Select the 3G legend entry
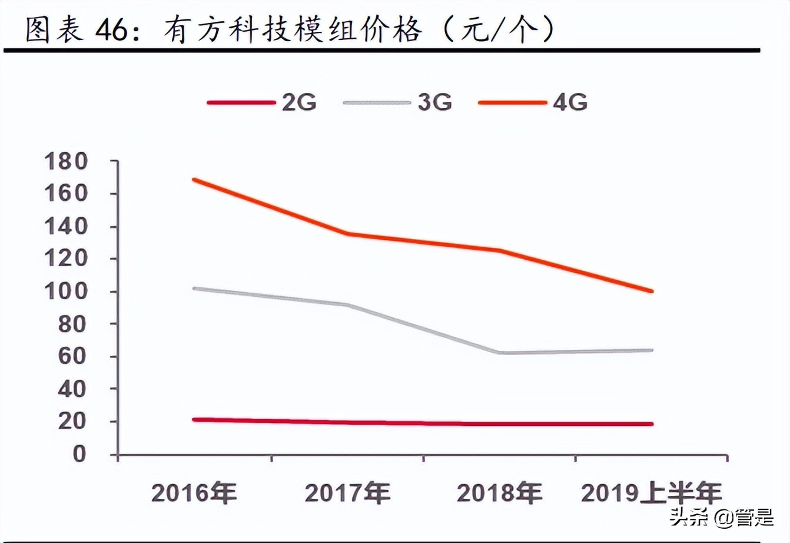398,102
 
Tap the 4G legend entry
533,102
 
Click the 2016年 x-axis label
194,492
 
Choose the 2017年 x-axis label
347,492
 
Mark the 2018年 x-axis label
499,492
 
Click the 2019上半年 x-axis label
651,492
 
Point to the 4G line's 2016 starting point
194,180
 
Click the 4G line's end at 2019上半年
651,291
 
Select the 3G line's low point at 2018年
500,353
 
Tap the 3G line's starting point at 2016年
194,289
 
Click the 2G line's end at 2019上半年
651,423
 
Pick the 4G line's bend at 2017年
347,234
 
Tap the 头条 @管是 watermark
721,518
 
